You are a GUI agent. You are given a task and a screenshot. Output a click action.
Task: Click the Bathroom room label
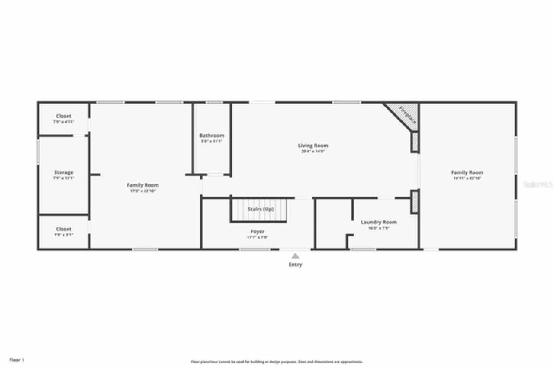click(212, 136)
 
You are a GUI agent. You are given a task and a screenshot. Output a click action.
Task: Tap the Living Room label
click(313, 146)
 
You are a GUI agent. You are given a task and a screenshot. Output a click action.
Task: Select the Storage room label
click(64, 172)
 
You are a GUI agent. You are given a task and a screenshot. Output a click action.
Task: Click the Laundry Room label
click(379, 222)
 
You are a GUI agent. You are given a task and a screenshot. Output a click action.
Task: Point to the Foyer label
click(258, 232)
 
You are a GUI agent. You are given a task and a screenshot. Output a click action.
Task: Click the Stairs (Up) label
click(261, 209)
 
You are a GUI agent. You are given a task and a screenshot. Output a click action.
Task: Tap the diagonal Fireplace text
click(408, 115)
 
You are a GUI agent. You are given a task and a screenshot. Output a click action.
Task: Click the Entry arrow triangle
click(295, 256)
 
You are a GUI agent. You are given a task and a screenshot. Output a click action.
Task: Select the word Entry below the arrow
click(296, 265)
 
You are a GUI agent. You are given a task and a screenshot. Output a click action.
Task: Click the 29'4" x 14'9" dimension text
click(313, 152)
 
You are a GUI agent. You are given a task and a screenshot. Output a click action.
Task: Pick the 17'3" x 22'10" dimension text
click(143, 191)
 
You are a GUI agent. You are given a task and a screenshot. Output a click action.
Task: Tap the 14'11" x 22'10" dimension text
click(467, 178)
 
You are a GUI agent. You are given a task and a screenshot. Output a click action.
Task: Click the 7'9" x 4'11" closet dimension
click(64, 122)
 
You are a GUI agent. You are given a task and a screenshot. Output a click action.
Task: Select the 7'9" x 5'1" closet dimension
click(64, 235)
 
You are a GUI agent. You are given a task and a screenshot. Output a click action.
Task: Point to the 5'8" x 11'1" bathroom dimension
click(212, 142)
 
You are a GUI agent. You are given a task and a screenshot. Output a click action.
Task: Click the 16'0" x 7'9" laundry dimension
click(379, 228)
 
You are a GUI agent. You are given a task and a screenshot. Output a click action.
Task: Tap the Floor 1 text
click(17, 360)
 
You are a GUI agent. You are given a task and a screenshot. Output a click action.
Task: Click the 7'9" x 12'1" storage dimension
click(64, 178)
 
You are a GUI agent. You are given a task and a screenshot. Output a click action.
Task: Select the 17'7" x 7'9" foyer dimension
click(258, 237)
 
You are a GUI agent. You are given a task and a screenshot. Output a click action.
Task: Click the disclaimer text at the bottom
click(277, 362)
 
